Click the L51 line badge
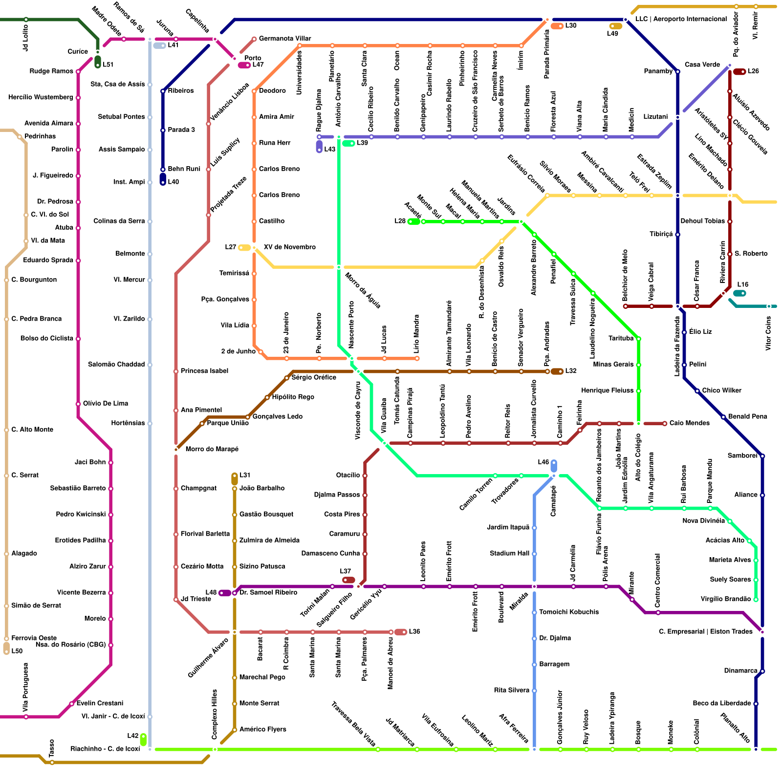coord(98,62)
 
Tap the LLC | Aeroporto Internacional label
coord(681,19)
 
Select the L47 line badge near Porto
coord(244,65)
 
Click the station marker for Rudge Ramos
coord(78,72)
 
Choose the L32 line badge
coord(557,371)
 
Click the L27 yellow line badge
coord(244,248)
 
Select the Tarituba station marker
coord(638,339)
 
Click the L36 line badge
coord(401,632)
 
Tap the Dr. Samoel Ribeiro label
coord(268,593)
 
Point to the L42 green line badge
coord(143,739)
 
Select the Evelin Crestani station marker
coord(72,704)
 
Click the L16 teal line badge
coord(739,293)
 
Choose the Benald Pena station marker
coord(723,417)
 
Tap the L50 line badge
coord(6,649)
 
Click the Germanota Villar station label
coord(285,39)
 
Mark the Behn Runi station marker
coord(163,170)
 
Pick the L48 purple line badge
coord(225,593)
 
